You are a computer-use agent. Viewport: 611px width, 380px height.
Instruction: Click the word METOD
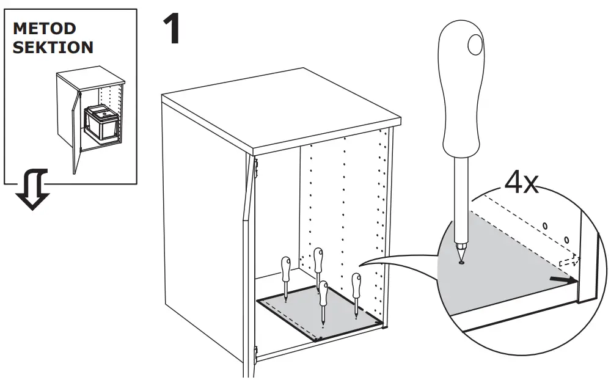click(x=45, y=29)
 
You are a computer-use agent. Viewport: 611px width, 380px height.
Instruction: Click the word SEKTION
click(x=53, y=47)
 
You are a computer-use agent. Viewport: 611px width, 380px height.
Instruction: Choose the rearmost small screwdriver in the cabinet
click(x=318, y=263)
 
